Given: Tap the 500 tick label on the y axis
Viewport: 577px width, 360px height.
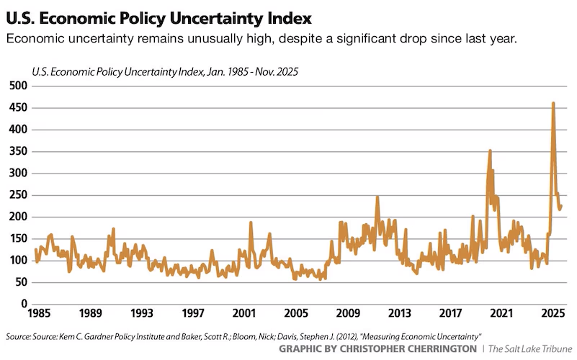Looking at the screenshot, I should coord(17,86).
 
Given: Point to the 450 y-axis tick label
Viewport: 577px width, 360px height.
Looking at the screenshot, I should coord(17,108).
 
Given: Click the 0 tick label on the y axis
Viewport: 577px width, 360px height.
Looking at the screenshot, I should coord(24,305).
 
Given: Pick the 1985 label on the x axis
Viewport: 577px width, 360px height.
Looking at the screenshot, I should coord(38,315).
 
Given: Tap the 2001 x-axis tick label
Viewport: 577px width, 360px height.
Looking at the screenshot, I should coord(244,315).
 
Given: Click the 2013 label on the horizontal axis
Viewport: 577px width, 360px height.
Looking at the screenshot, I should coord(398,315).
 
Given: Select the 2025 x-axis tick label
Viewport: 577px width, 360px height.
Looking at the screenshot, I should coord(553,315).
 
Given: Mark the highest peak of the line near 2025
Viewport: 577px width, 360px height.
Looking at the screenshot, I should coord(553,103).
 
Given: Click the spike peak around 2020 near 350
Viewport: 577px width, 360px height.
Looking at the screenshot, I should coord(490,150).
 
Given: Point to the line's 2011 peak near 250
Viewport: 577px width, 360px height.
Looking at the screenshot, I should coord(377,197).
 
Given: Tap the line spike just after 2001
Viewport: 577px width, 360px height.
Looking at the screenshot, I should coord(251,222).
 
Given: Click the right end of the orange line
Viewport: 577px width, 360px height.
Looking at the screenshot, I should coord(561,206).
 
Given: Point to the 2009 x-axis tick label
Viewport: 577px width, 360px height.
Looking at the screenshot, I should coord(347,315).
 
